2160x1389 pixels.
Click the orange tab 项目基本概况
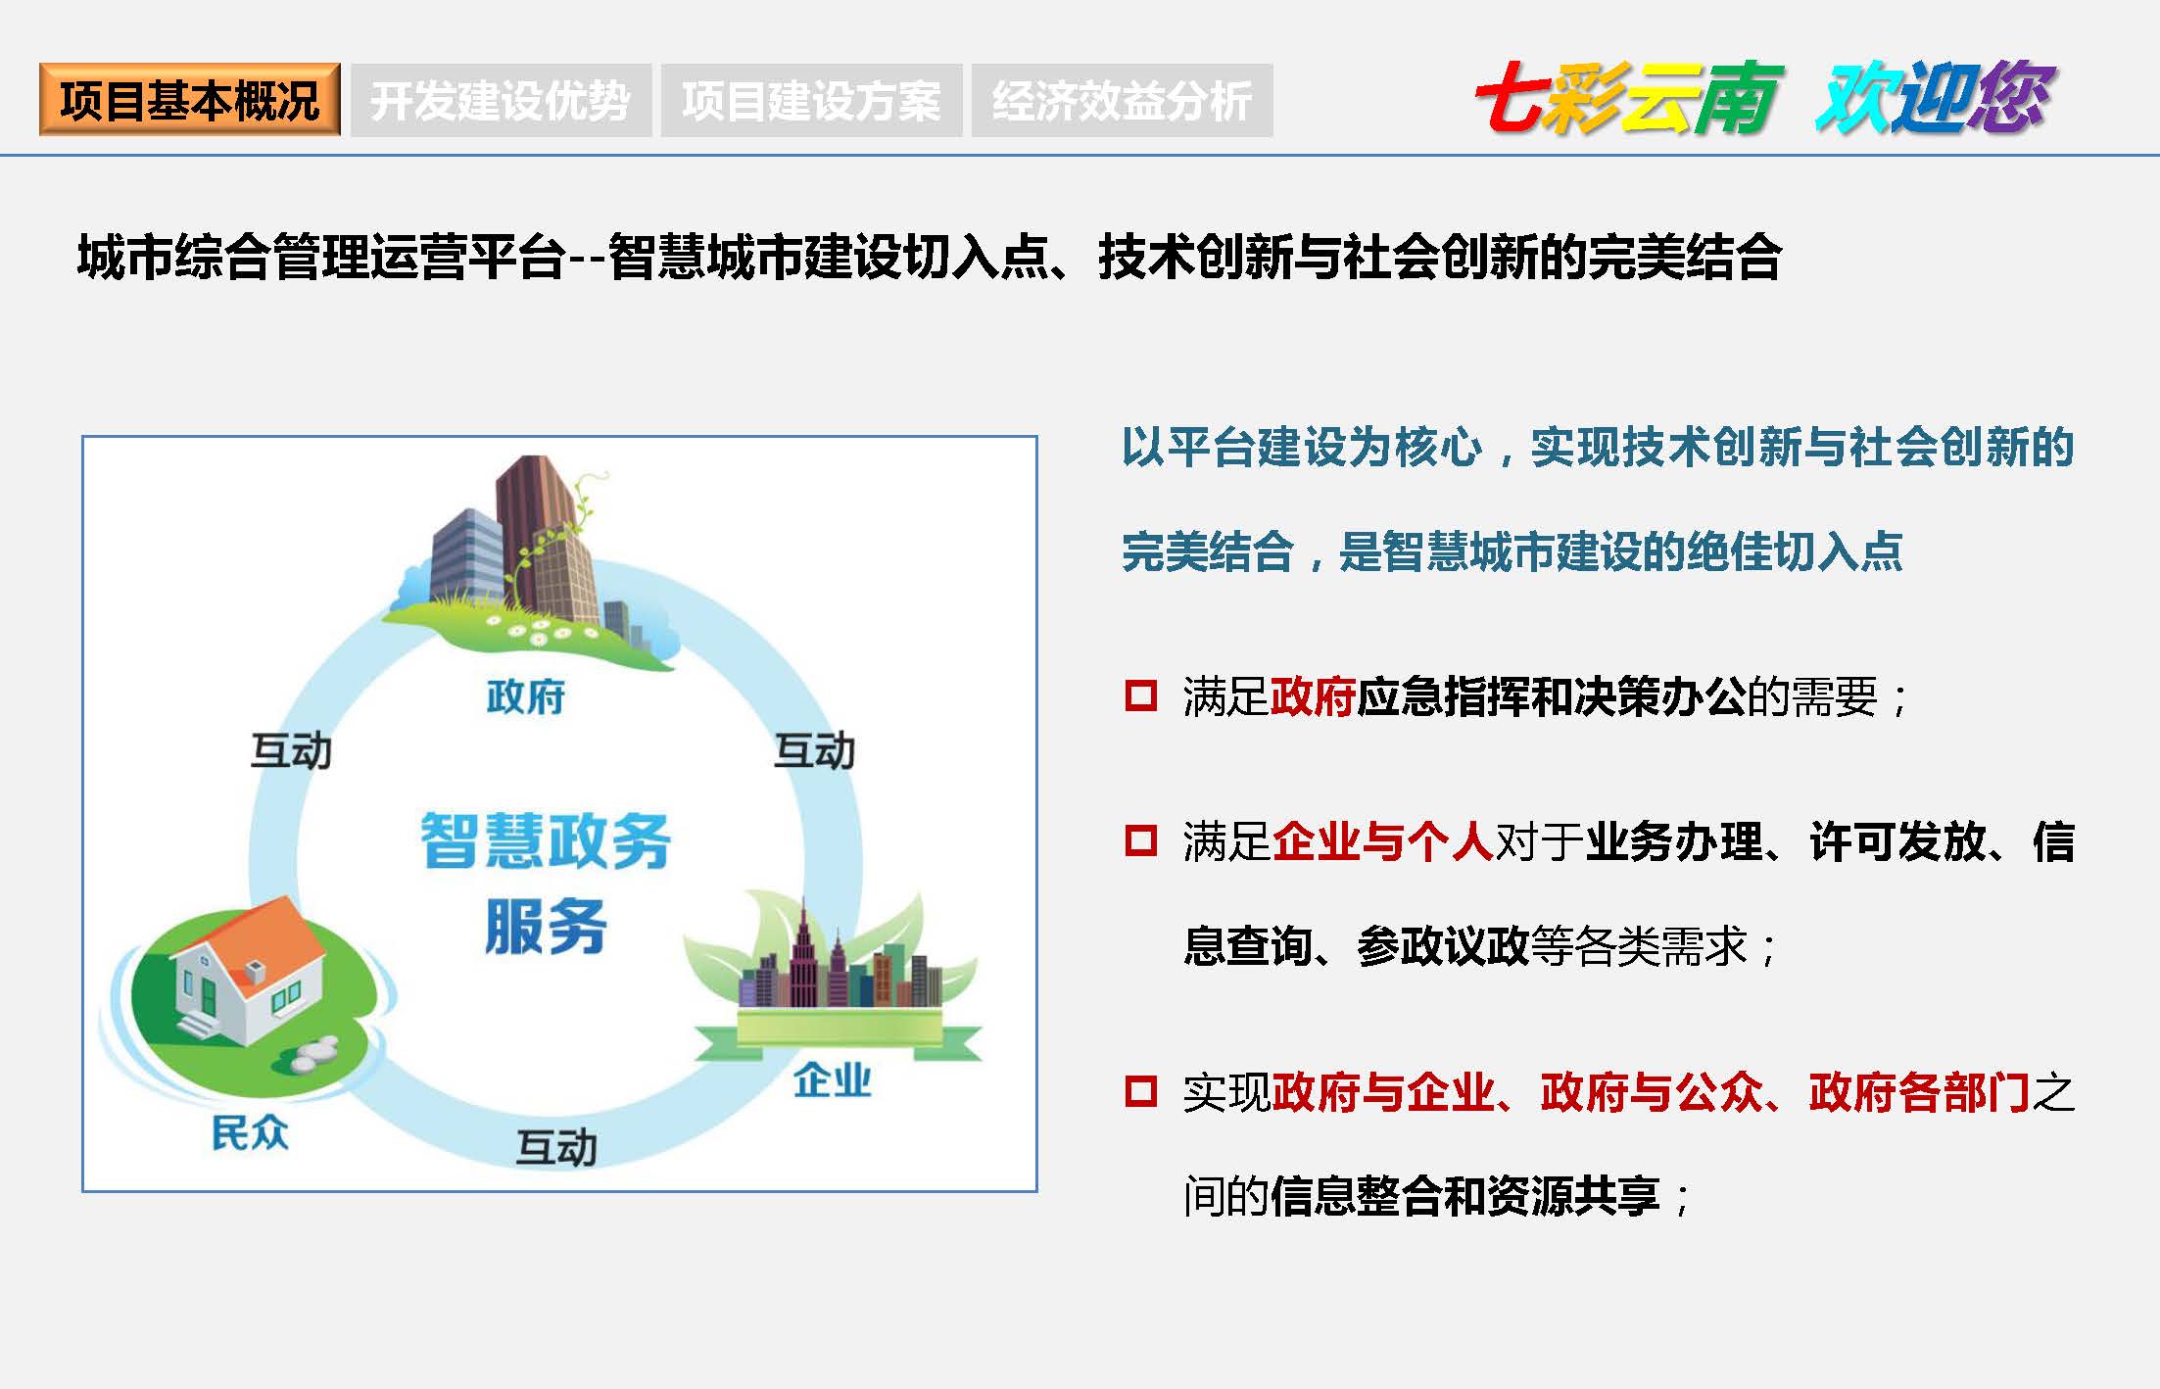click(190, 100)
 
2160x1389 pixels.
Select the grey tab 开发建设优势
click(501, 100)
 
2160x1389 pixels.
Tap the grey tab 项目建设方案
click(811, 100)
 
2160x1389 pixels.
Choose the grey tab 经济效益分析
click(1123, 100)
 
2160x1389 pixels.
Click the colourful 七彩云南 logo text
click(1629, 97)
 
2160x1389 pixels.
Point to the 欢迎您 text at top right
click(1935, 97)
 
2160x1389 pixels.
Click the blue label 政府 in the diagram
click(526, 697)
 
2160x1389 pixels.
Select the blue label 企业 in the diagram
click(832, 1080)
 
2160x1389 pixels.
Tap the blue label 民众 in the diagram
click(250, 1132)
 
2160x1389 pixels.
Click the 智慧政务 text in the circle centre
click(546, 840)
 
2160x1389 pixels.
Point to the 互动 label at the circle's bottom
click(556, 1148)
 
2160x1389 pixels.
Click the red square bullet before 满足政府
click(1141, 695)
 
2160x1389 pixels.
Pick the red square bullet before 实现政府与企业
click(1141, 1090)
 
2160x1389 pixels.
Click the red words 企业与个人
click(1381, 841)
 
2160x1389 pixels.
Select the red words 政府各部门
click(1920, 1092)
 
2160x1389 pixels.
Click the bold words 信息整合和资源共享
click(1464, 1196)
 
